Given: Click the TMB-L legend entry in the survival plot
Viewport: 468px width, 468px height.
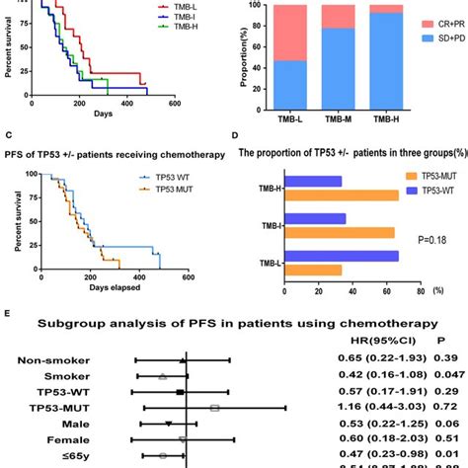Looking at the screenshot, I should [184, 6].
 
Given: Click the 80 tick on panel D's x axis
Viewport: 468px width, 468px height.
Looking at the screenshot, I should [420, 291].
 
